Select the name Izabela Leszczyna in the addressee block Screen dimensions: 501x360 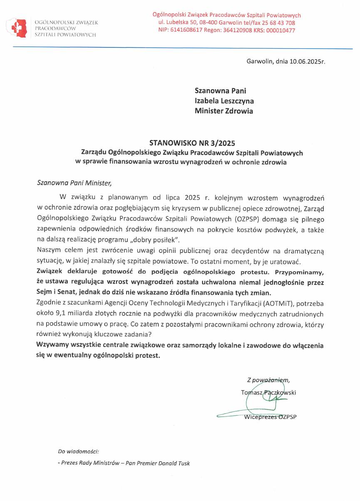click(x=224, y=101)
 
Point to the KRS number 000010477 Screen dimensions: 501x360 click(x=280, y=30)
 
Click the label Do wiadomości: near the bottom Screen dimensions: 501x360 click(x=78, y=451)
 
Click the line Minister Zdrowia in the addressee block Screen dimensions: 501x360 click(x=223, y=111)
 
